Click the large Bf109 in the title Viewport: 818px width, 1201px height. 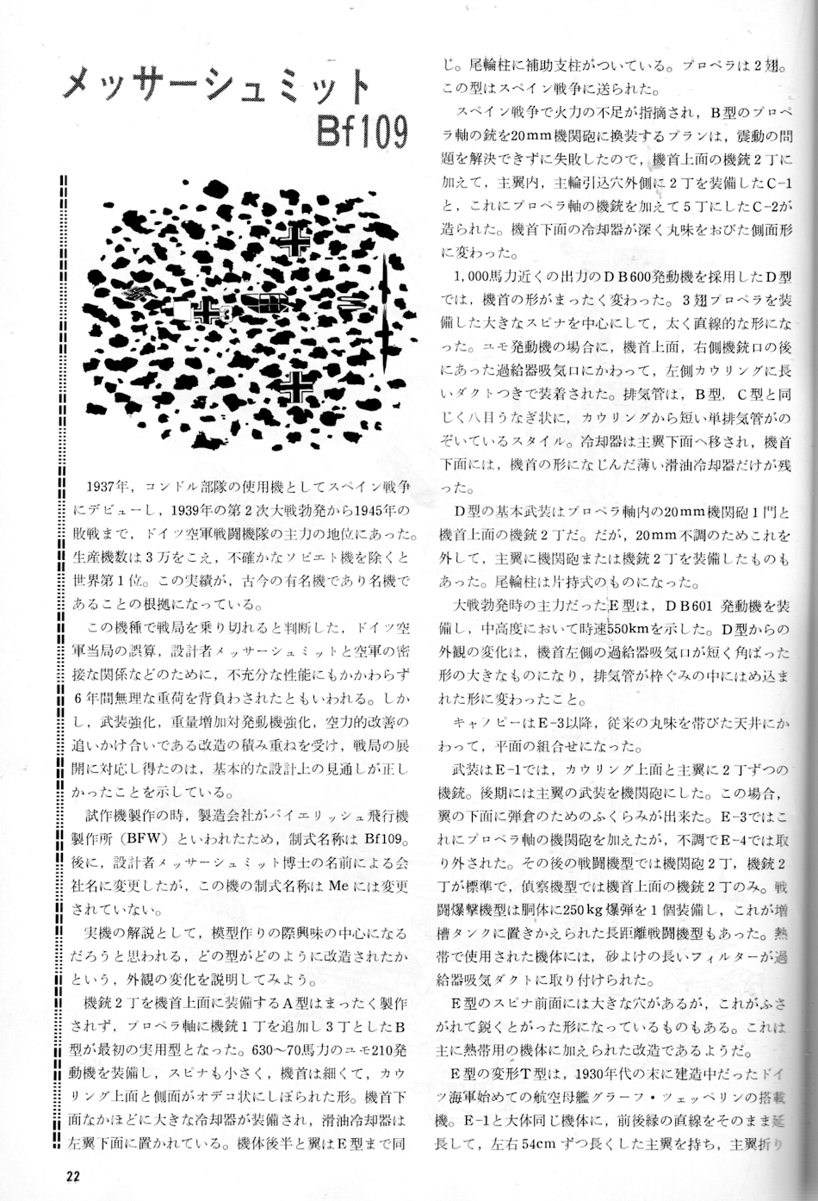point(361,130)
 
